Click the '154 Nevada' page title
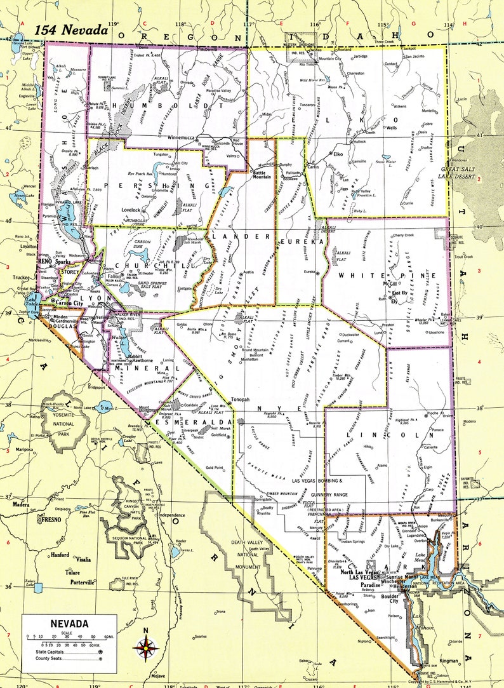pos(71,30)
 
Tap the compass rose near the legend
pos(146,647)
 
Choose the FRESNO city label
pos(50,520)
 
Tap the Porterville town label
pos(78,581)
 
